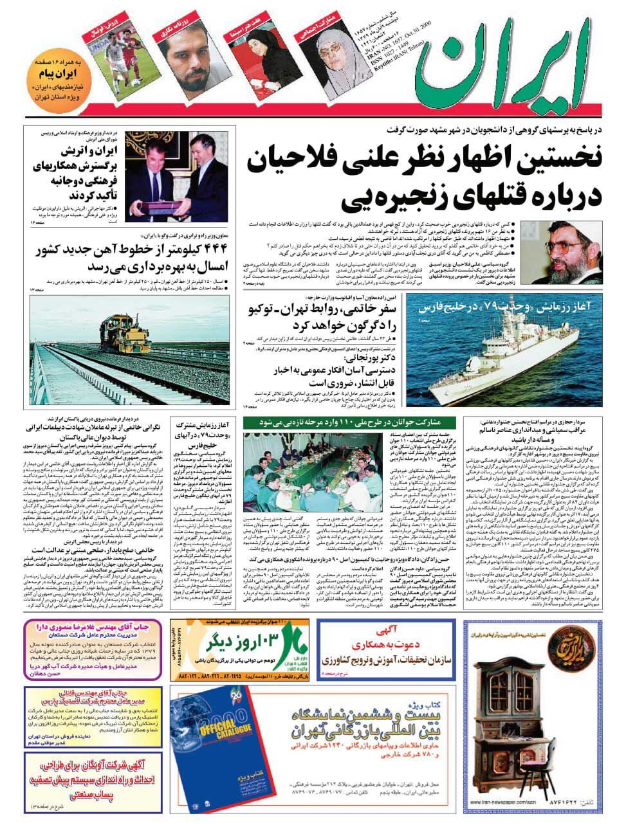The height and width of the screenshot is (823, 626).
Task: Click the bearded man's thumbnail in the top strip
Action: tap(187, 59)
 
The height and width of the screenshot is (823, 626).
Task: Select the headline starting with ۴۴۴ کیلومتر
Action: tap(125, 258)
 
